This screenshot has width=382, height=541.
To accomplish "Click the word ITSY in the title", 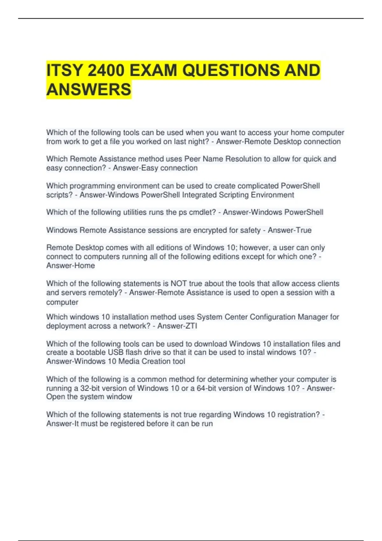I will (64, 70).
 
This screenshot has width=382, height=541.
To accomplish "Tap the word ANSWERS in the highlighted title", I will (89, 89).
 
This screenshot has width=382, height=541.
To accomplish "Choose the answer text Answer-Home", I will (70, 265).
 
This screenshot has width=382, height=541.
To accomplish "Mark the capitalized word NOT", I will (179, 284).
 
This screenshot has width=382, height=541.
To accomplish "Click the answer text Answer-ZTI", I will (177, 326).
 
